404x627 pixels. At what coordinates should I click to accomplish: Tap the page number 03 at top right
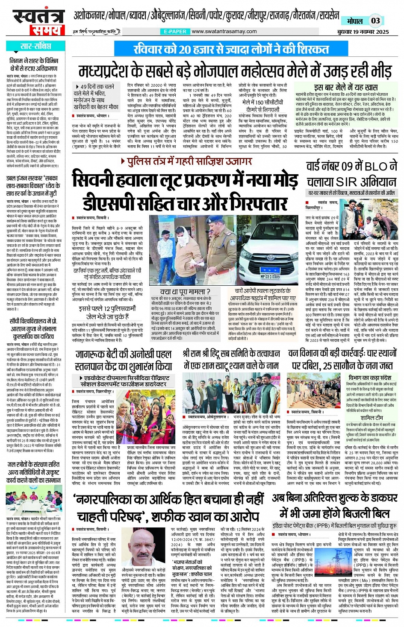click(x=375, y=21)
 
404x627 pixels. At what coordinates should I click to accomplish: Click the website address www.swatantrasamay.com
click(x=224, y=32)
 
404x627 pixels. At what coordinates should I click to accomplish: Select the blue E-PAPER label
click(x=175, y=32)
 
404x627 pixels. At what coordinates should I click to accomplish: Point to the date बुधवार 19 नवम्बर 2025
click(x=363, y=32)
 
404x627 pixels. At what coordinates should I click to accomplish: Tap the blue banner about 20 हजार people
click(x=225, y=49)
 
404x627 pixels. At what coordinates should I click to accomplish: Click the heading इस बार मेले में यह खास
click(x=345, y=87)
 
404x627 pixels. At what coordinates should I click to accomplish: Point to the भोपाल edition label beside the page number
click(x=354, y=21)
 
